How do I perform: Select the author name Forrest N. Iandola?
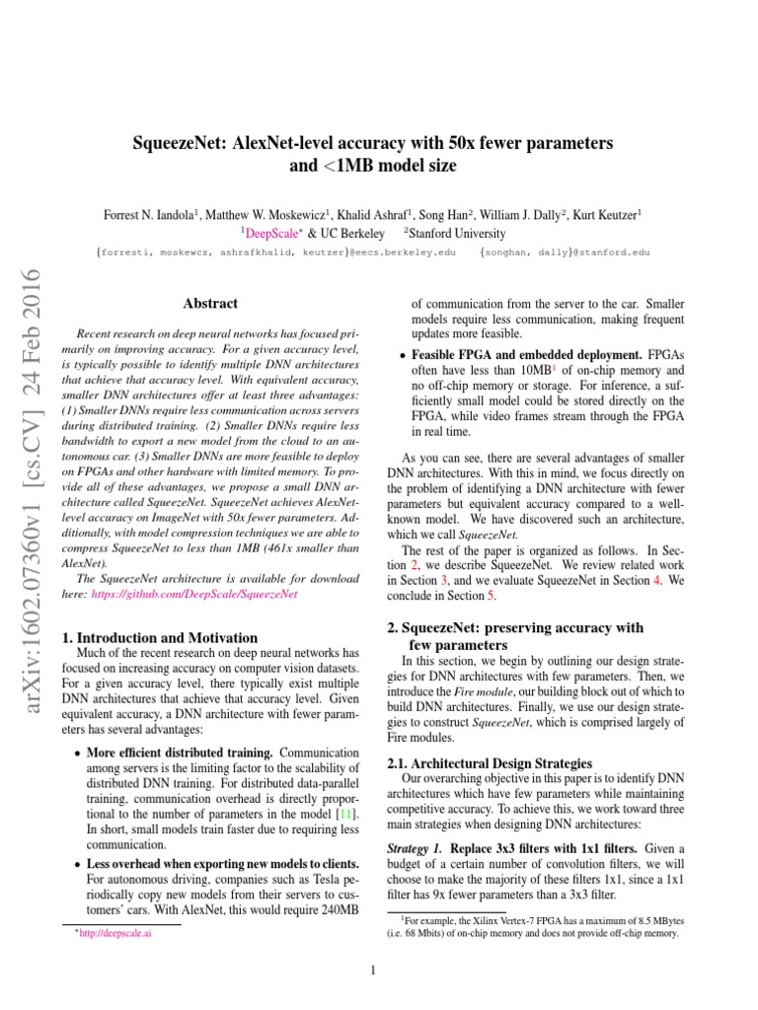point(152,214)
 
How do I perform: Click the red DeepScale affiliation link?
point(275,234)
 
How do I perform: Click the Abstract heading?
point(210,304)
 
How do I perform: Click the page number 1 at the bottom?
point(374,970)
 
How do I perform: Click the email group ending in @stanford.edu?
point(565,253)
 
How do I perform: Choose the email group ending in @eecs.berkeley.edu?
point(276,253)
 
